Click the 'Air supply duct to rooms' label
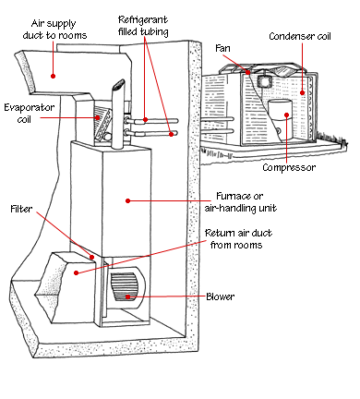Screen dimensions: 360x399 coord(54,30)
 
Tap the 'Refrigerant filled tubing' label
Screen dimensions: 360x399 coord(143,26)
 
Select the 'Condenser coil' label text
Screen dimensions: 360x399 coord(300,36)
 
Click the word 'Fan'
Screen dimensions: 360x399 coord(222,48)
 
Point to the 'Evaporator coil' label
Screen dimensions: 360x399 coord(30,113)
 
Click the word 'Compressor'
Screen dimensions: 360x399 coord(289,167)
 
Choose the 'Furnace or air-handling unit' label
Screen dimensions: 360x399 coord(241,202)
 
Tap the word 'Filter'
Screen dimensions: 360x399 coord(21,209)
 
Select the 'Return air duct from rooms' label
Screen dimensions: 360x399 coord(238,238)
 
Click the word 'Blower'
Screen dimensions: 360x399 coord(221,296)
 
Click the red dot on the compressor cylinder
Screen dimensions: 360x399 coord(286,115)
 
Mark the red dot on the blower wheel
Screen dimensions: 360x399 coord(127,296)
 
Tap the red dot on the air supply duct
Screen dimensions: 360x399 coord(53,76)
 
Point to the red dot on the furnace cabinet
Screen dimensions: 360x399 coord(128,200)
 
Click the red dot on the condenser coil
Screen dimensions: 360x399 coord(302,92)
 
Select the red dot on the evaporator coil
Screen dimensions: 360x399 coord(98,117)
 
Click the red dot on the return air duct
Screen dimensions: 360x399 coord(76,272)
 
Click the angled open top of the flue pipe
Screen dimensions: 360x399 coord(118,85)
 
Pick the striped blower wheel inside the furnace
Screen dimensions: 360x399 coord(125,287)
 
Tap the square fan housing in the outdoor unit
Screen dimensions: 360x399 coord(264,81)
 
